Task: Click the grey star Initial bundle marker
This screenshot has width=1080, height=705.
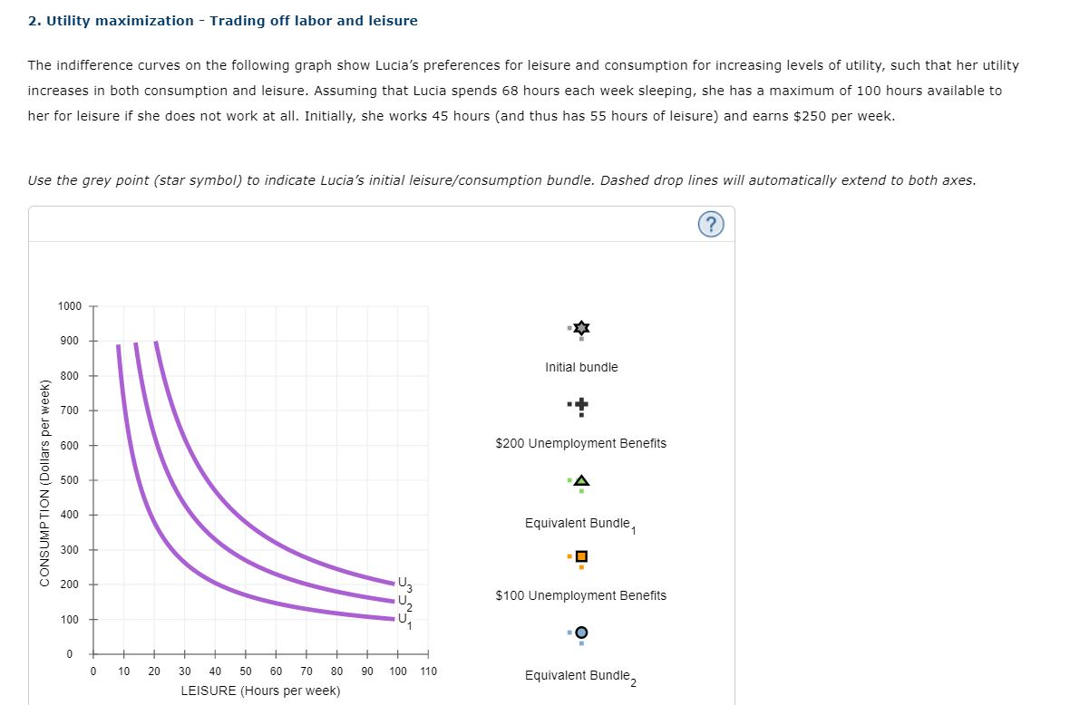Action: click(x=581, y=327)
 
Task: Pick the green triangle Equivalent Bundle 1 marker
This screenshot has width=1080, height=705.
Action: click(x=581, y=479)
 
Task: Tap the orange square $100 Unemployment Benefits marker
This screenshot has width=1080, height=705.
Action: click(x=581, y=555)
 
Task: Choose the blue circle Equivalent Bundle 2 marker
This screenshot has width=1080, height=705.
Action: click(x=581, y=632)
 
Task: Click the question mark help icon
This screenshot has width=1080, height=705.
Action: click(x=712, y=225)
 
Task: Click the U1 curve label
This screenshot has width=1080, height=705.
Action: click(x=404, y=619)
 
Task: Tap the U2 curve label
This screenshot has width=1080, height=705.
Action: click(x=404, y=601)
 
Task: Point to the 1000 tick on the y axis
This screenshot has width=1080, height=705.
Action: click(x=69, y=306)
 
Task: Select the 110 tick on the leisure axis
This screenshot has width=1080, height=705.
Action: click(x=428, y=671)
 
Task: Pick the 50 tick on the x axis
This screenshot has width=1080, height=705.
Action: click(x=246, y=671)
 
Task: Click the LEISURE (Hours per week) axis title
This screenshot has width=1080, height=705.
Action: click(x=260, y=691)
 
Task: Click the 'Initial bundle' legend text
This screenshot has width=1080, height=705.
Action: click(x=581, y=367)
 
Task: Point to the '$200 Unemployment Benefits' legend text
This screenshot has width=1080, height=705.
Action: click(x=580, y=443)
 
